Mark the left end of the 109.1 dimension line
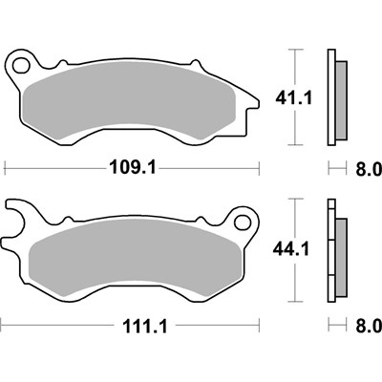[x=8, y=170]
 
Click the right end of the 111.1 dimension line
[x=272, y=328]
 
